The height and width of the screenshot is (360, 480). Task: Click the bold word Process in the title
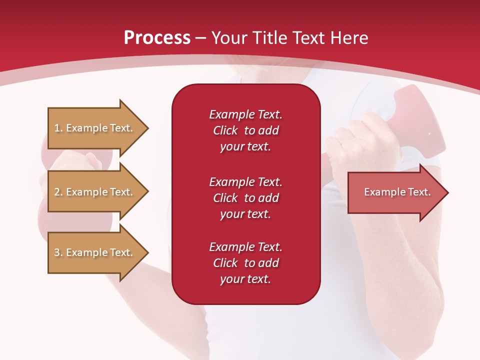pyautogui.click(x=157, y=38)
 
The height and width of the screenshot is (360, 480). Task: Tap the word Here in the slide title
pyautogui.click(x=348, y=38)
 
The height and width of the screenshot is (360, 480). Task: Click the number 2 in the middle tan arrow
pyautogui.click(x=56, y=192)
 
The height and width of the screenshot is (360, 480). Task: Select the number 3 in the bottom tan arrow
pyautogui.click(x=56, y=252)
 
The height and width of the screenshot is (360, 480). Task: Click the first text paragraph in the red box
pyautogui.click(x=245, y=130)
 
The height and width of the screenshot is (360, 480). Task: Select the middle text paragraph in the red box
pyautogui.click(x=245, y=198)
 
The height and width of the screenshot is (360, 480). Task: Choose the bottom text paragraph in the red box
pyautogui.click(x=245, y=263)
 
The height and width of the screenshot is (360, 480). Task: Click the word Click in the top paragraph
pyautogui.click(x=225, y=130)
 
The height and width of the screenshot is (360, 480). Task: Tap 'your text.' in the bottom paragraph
pyautogui.click(x=245, y=279)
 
